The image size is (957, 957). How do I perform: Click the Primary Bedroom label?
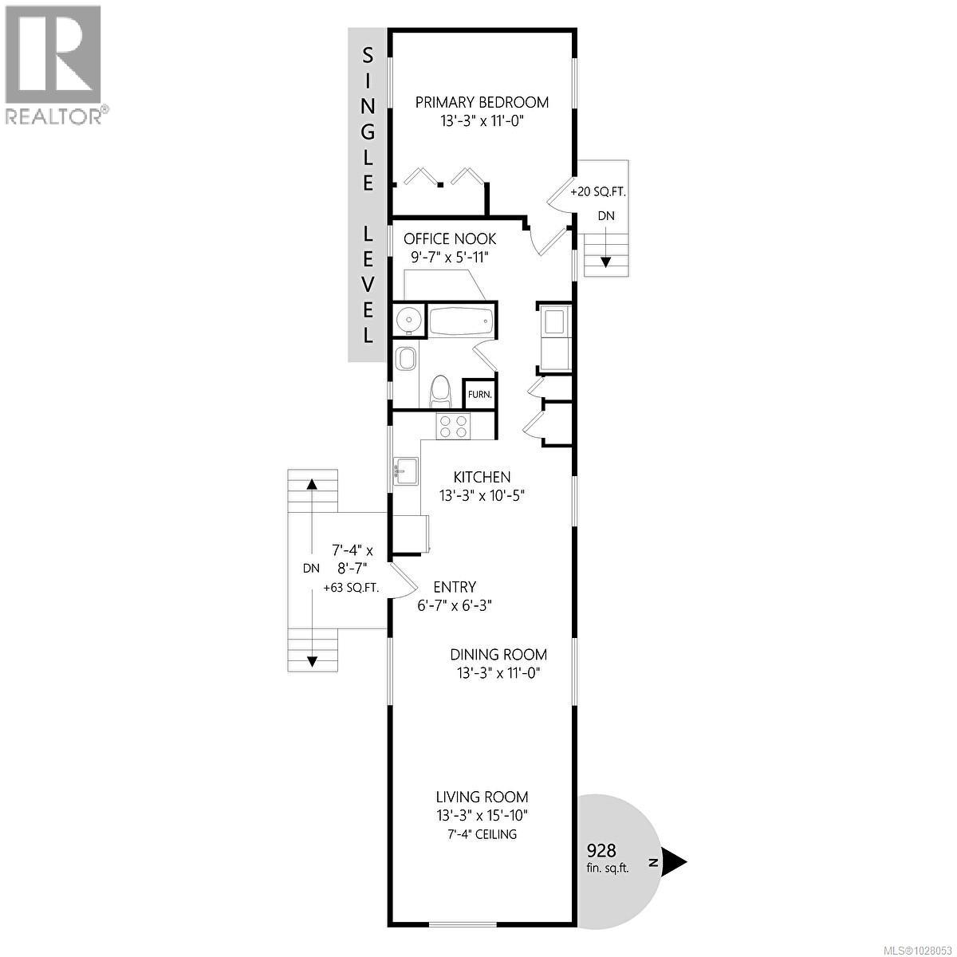pos(482,102)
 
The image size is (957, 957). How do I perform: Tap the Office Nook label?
pos(450,238)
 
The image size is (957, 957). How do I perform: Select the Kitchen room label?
pos(482,477)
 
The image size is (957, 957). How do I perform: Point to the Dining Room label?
pos(498,654)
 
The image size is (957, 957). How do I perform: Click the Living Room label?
pos(482,797)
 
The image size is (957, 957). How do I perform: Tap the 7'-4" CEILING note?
pos(482,834)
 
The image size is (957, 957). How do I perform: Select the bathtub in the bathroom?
pos(461,322)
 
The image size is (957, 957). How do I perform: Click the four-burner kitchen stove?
pos(453,426)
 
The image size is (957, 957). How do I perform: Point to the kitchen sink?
pos(404,471)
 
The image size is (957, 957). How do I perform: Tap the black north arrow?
pos(675,861)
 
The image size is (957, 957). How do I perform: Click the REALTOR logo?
pos(54,64)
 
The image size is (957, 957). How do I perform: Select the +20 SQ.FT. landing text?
pos(598,192)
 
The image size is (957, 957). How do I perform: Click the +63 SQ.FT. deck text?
pos(351,588)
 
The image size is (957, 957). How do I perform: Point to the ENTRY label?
pos(455,587)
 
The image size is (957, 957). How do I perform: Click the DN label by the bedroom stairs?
pos(606,216)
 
